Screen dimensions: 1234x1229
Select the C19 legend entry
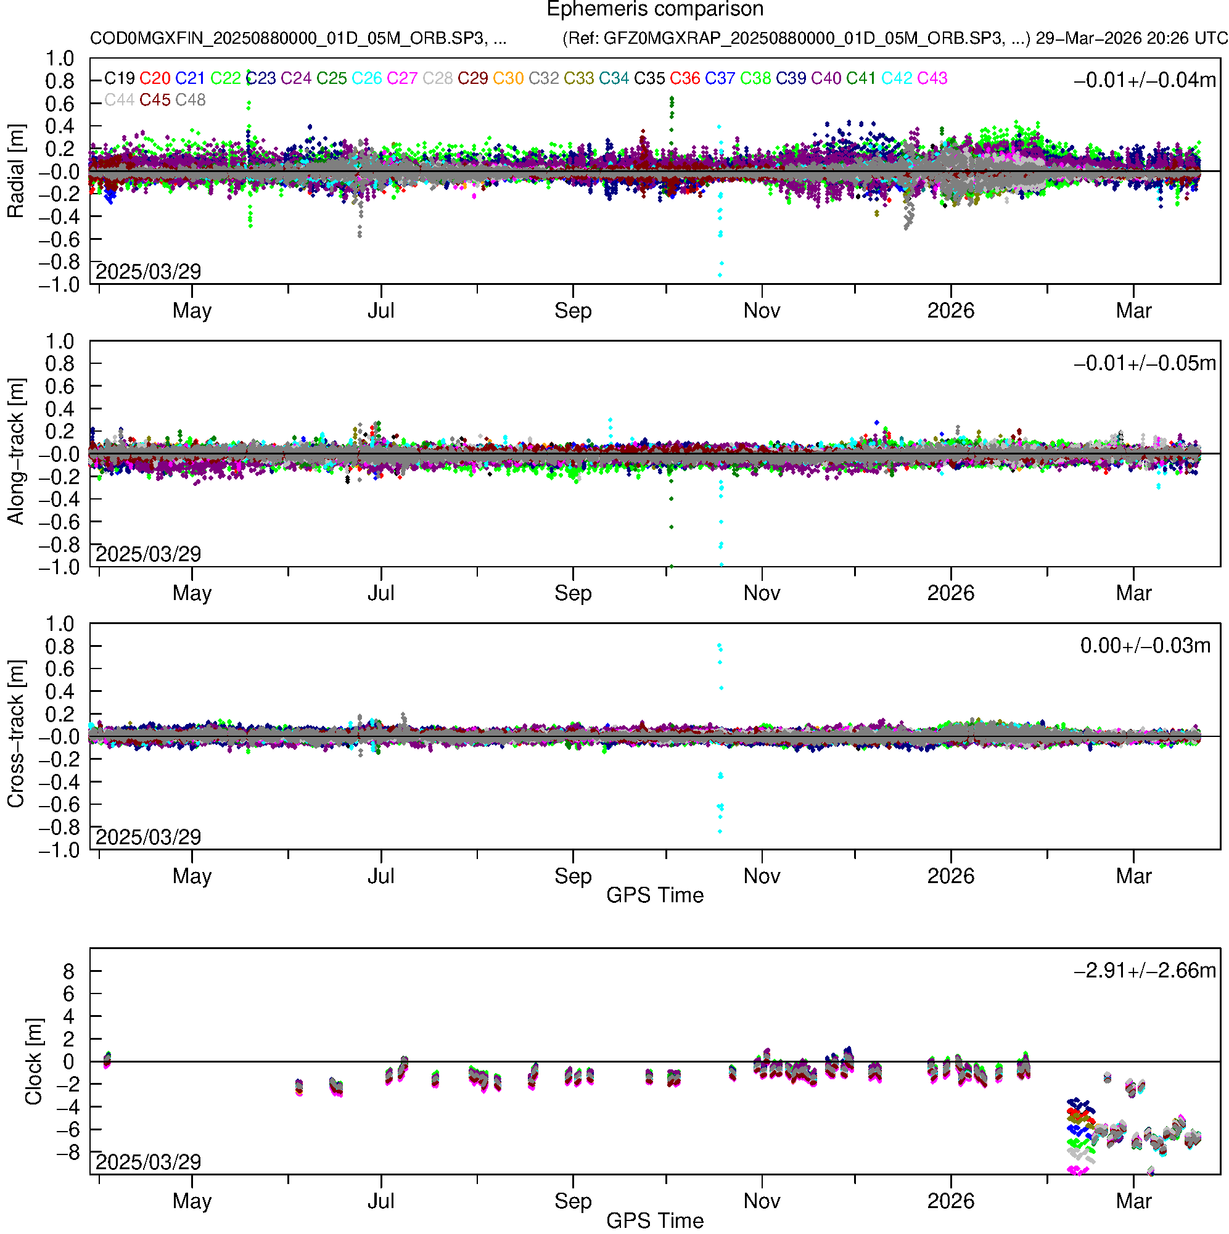click(120, 78)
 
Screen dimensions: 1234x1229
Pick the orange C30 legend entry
click(508, 78)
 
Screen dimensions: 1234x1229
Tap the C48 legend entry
click(191, 101)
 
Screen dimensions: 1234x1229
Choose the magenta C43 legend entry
click(932, 78)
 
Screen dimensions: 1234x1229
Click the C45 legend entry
click(155, 101)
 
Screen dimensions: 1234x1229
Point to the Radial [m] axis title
click(16, 171)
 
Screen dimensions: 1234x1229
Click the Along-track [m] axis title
click(16, 451)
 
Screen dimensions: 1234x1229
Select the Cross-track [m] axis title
click(16, 734)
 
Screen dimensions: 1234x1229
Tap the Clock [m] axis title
click(33, 1061)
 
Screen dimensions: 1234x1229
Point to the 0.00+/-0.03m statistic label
click(1145, 646)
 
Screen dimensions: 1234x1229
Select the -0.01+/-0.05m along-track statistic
click(1145, 363)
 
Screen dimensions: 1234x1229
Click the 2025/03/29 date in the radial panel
click(148, 272)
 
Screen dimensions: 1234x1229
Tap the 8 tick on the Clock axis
click(68, 972)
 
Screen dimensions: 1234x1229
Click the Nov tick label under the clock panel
click(762, 1201)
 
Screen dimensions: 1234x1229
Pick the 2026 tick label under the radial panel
click(950, 311)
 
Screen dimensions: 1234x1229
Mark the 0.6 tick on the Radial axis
click(59, 104)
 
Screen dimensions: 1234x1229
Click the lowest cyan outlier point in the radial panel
click(720, 275)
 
